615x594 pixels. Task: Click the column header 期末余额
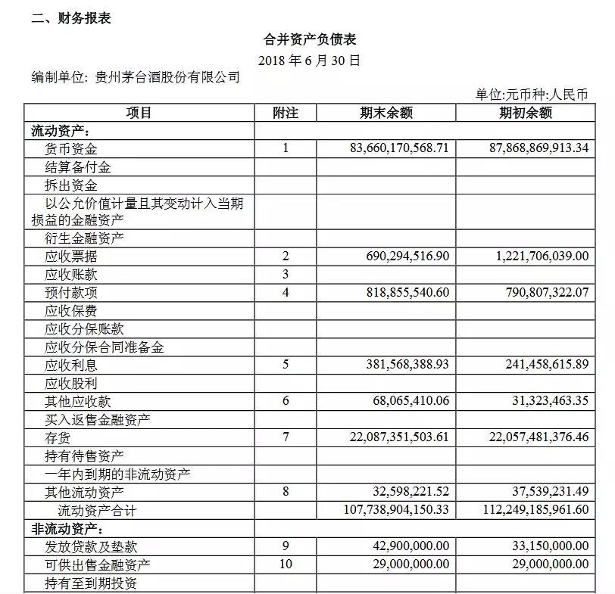coord(386,114)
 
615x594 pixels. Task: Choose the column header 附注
coord(286,114)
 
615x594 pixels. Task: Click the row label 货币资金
coord(72,149)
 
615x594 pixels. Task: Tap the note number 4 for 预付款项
coord(286,293)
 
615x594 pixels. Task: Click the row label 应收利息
coord(72,365)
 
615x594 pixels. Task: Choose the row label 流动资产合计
coord(97,511)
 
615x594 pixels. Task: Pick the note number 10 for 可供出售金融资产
coord(286,564)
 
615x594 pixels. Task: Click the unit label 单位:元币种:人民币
coord(532,95)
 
